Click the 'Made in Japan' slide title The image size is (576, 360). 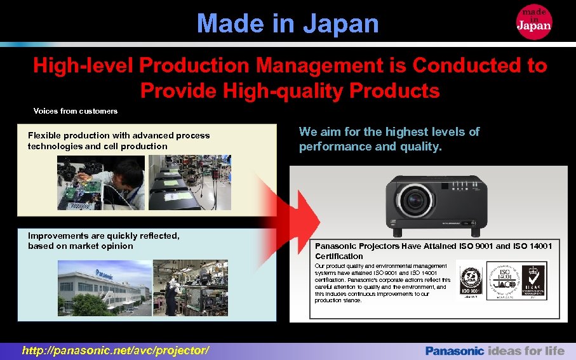click(x=288, y=24)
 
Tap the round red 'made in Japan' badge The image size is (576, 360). click(x=534, y=21)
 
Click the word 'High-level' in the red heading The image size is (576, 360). click(x=82, y=65)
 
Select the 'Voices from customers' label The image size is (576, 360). click(x=76, y=111)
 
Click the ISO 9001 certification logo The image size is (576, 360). click(x=472, y=282)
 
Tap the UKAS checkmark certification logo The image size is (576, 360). click(x=533, y=282)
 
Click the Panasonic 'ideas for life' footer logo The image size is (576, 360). click(x=494, y=350)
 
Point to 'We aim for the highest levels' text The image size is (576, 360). click(x=389, y=139)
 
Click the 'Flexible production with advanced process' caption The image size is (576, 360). click(x=119, y=140)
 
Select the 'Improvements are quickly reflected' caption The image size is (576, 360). click(x=104, y=241)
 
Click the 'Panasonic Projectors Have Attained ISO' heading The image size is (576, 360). click(x=433, y=251)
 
